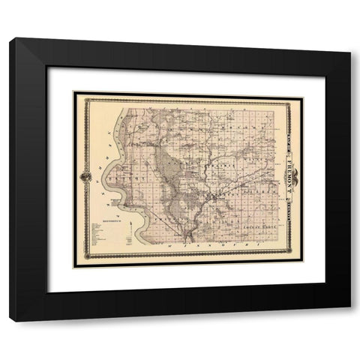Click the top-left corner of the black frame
click(x=10, y=39)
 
